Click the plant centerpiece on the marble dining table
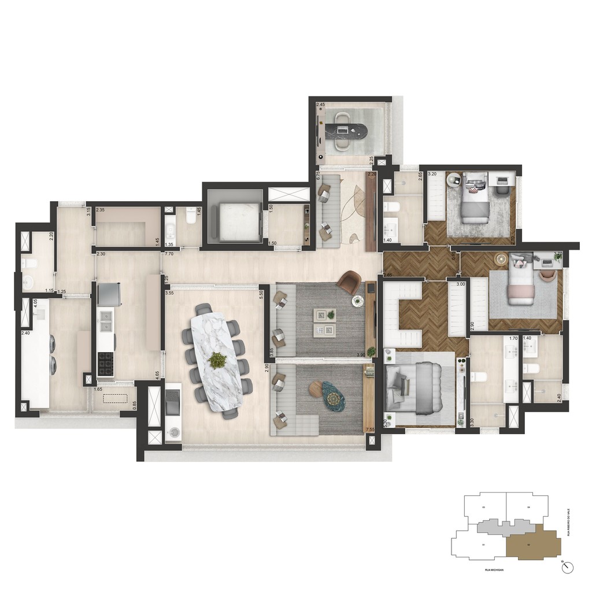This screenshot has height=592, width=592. [x=217, y=360]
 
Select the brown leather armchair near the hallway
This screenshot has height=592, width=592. [x=349, y=282]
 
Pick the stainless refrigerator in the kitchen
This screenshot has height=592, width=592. [x=109, y=294]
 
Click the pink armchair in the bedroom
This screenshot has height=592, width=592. [x=547, y=275]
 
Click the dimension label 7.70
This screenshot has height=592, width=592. [x=169, y=254]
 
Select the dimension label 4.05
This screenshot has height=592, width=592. [x=35, y=302]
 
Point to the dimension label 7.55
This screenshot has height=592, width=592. [x=370, y=430]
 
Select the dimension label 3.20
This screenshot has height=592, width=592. [x=432, y=173]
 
